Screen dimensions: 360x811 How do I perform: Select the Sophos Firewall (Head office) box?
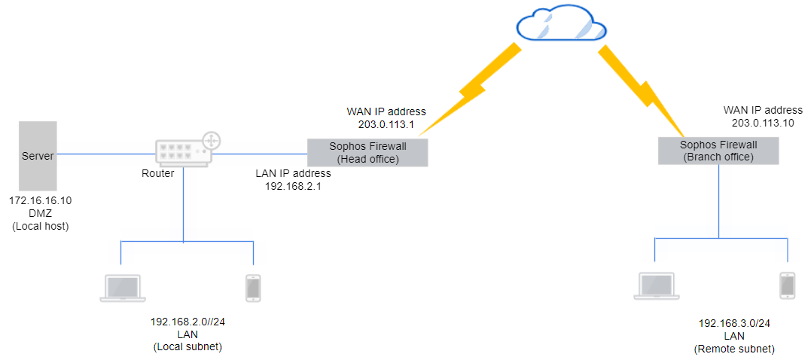tap(367, 152)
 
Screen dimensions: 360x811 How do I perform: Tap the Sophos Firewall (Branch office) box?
tap(718, 151)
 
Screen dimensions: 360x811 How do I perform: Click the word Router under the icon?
tap(158, 173)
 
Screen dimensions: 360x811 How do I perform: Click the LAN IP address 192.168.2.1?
tap(293, 186)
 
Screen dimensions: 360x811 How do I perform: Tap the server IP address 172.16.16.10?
tap(40, 201)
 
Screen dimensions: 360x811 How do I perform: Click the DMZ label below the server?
tap(39, 213)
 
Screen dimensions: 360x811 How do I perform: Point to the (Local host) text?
tap(40, 225)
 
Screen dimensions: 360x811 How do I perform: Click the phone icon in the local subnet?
tap(253, 288)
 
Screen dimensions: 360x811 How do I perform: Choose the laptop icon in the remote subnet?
tap(654, 286)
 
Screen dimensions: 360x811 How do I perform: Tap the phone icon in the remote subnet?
tap(787, 285)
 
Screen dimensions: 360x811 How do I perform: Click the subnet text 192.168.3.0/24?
tap(734, 323)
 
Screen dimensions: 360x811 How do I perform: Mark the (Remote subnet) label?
tap(734, 349)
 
